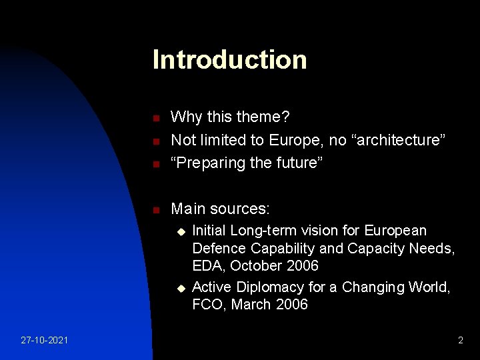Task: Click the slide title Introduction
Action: point(229,60)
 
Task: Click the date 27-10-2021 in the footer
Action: point(43,341)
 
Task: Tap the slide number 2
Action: point(460,341)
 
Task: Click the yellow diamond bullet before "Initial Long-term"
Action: point(179,231)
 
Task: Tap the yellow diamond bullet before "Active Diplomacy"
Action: point(179,288)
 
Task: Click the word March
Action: point(252,305)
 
